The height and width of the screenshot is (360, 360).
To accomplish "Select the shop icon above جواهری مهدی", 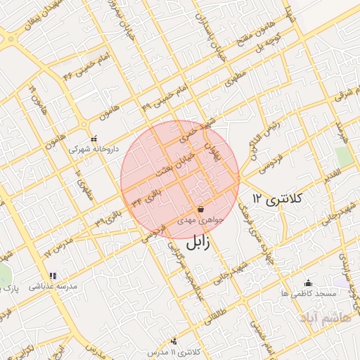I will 200,209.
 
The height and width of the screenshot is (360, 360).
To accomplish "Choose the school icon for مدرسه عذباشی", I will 51,276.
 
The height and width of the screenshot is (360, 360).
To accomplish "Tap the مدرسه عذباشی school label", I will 51,287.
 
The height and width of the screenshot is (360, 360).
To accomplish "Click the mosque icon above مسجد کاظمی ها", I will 307,283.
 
